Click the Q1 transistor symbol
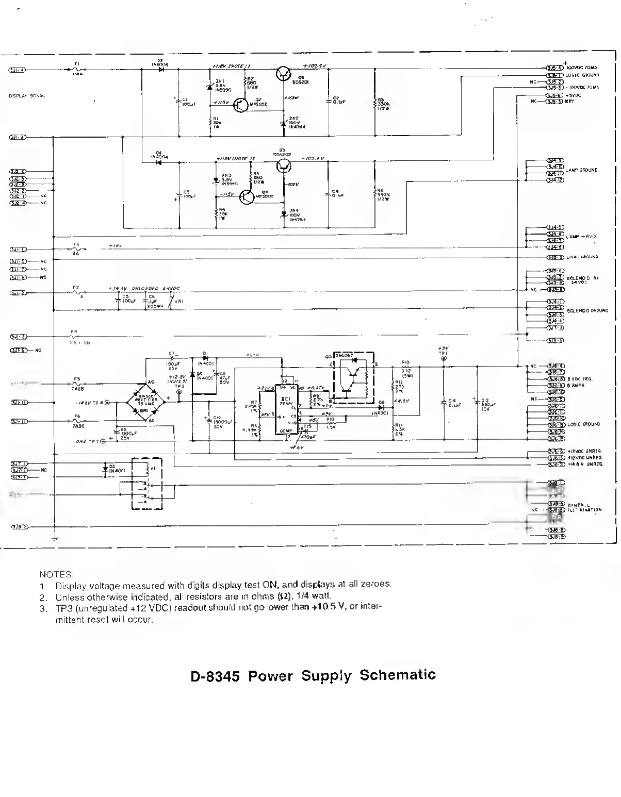click(283, 74)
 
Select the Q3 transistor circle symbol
click(283, 165)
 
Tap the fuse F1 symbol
click(78, 69)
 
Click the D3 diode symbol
click(161, 69)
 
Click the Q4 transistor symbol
click(247, 197)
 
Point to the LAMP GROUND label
click(581, 170)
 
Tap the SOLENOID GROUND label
click(587, 311)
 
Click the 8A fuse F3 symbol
click(76, 249)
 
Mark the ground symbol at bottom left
click(54, 539)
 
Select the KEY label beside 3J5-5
click(569, 102)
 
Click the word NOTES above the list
click(57, 574)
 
